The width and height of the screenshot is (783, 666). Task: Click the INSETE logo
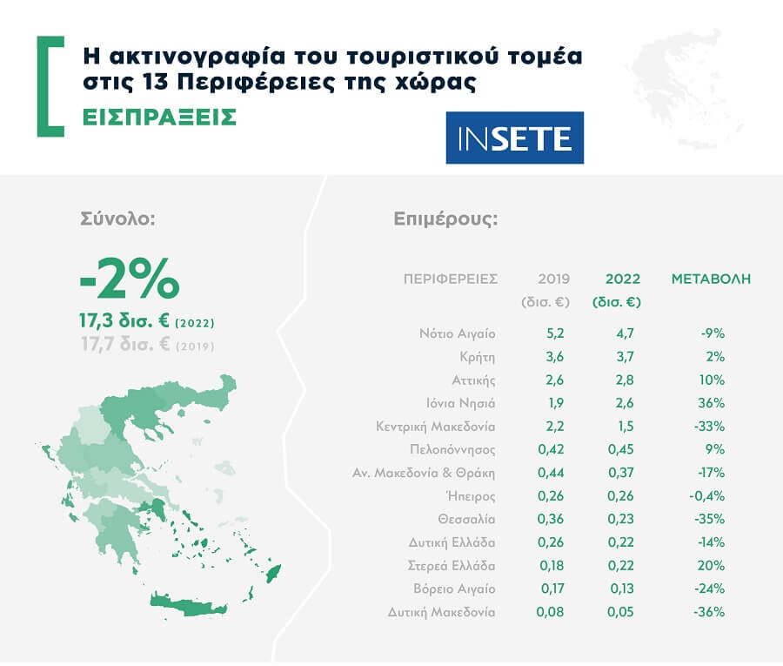coord(514,138)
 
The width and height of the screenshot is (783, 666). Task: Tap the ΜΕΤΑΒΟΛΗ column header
coord(711,279)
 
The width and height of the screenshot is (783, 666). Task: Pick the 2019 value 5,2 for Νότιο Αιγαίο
coord(553,333)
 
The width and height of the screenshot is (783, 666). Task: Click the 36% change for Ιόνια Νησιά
coord(711,403)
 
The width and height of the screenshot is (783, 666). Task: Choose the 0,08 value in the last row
coord(552,612)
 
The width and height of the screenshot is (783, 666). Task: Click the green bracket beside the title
coord(49,86)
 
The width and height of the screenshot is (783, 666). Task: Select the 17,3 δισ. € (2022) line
coord(146,323)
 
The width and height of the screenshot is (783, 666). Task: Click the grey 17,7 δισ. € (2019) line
coord(146,346)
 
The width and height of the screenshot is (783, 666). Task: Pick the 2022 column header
coord(623,279)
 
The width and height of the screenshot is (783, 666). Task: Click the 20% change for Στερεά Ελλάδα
coord(711,566)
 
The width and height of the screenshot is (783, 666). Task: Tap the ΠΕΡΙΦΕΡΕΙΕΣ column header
coord(451,279)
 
